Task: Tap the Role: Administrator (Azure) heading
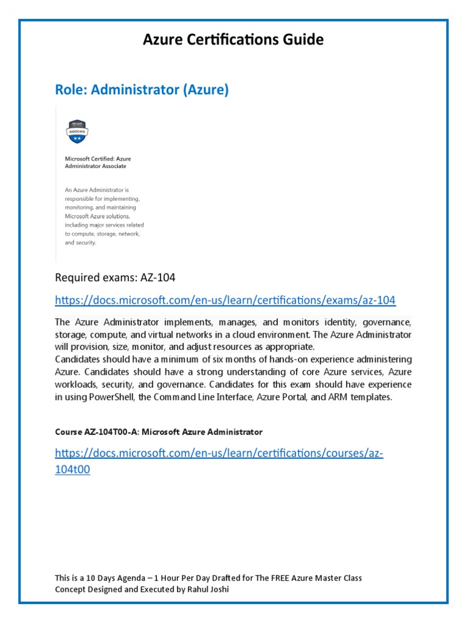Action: pos(142,90)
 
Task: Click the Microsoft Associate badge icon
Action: pos(77,130)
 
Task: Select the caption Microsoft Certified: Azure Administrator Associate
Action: pos(97,162)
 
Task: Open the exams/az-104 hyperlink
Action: pos(225,300)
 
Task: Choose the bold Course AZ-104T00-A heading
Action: pos(158,432)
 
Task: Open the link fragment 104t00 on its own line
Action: pos(72,470)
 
